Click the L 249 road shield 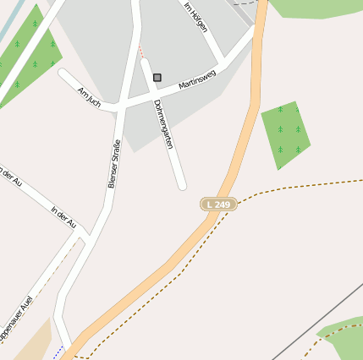218,205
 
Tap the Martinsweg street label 197,81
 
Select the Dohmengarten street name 164,124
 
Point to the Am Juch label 89,97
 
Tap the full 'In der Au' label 63,217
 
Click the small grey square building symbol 157,78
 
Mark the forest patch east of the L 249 286,134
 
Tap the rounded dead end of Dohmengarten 181,184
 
